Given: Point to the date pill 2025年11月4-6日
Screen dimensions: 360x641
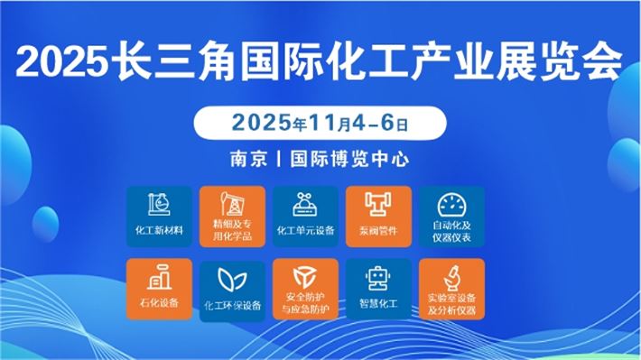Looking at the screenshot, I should (x=320, y=120).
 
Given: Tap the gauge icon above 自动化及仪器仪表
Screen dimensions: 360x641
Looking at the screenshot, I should (x=451, y=203).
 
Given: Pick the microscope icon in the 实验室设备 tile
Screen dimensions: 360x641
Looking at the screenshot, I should (x=451, y=275).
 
